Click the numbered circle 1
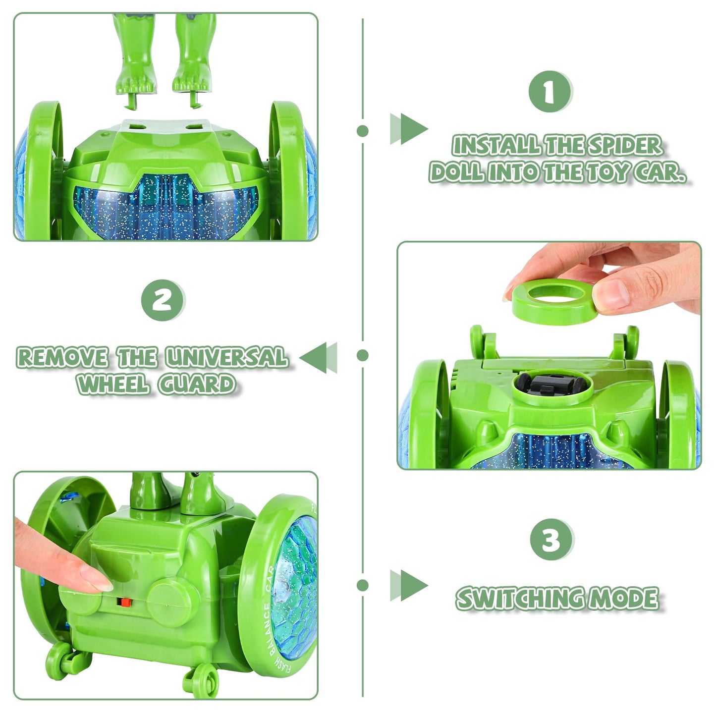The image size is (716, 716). click(x=551, y=91)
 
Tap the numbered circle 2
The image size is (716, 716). click(x=163, y=300)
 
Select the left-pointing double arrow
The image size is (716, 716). click(x=318, y=357)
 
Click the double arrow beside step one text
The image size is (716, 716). click(x=409, y=129)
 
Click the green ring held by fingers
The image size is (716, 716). click(x=553, y=301)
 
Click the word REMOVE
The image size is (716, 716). click(x=62, y=357)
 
